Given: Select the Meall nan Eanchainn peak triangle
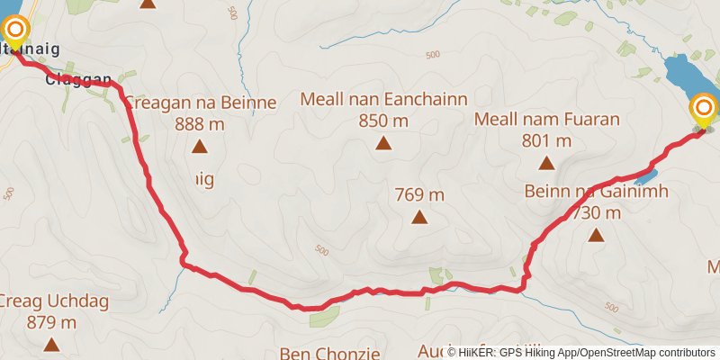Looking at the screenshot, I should [x=384, y=142].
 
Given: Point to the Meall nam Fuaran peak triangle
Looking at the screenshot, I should [x=546, y=163].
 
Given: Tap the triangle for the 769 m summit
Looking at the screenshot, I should [x=418, y=217].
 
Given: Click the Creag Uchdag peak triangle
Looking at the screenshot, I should [x=51, y=344].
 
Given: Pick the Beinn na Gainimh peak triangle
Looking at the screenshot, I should [x=595, y=236].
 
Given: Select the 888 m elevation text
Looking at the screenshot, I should [x=198, y=123].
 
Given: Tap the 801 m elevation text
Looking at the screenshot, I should [x=546, y=140].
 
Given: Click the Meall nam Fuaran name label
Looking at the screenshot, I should [x=547, y=120].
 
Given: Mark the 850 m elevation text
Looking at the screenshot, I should [x=383, y=121].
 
